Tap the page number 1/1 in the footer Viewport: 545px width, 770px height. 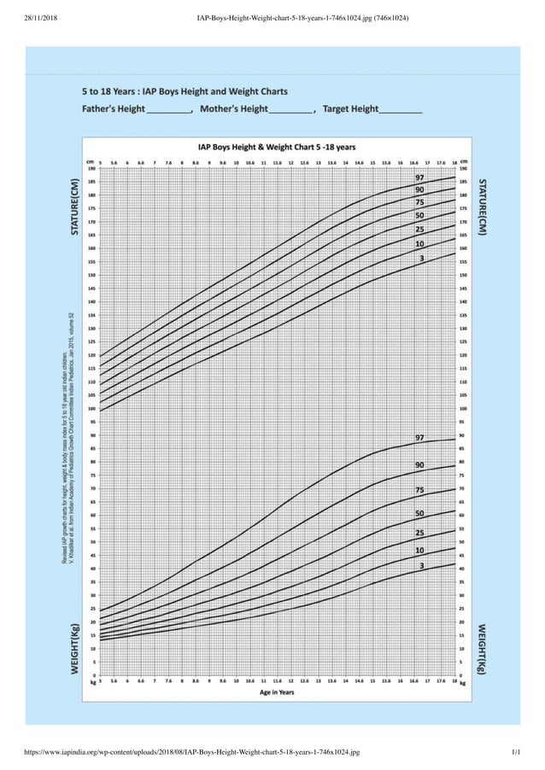click(516, 752)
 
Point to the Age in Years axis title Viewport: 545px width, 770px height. click(277, 692)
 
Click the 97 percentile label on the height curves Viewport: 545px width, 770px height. click(419, 177)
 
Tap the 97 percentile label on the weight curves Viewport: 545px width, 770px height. click(419, 438)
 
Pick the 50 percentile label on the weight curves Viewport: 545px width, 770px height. click(419, 513)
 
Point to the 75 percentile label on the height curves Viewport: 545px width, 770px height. click(419, 202)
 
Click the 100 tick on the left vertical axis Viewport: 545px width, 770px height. click(90, 409)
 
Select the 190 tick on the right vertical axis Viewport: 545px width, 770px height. click(464, 168)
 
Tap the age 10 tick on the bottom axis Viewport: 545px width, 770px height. click(236, 681)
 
